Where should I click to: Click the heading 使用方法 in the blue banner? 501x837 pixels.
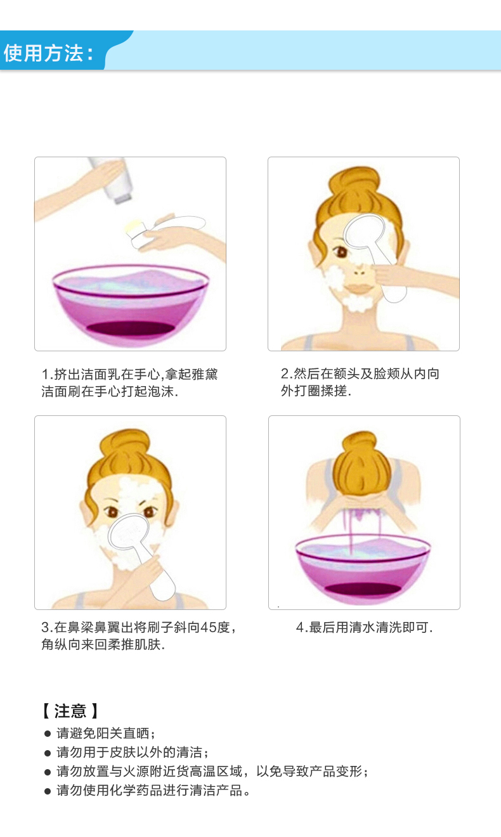pos(44,53)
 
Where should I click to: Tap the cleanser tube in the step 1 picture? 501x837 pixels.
pos(113,180)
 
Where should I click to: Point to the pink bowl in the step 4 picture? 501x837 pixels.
pos(363,569)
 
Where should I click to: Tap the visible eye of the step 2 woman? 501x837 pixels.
pos(341,252)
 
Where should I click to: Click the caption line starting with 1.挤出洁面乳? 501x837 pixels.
pos(129,374)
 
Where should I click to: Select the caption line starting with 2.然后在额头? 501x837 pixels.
pos(360,373)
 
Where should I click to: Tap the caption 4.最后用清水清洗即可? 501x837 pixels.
pos(364,627)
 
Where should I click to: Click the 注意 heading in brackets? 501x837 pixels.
pos(70,711)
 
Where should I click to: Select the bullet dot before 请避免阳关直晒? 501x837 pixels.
pos(48,734)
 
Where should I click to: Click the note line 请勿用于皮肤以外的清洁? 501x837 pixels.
pos(133,752)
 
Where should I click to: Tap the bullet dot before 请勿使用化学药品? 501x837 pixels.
pos(48,791)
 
